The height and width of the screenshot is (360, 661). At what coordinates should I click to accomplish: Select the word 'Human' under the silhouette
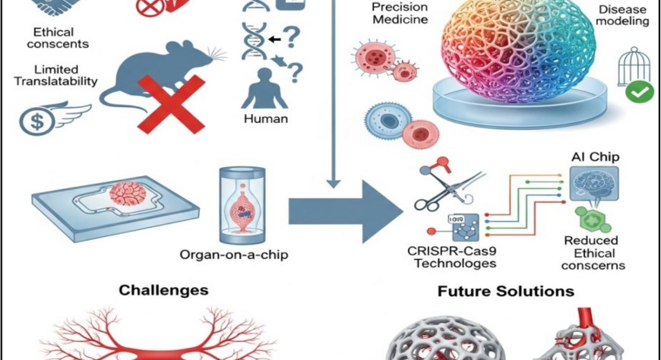pos(262,118)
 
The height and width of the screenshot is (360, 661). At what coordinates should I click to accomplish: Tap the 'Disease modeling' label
pos(621,15)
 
